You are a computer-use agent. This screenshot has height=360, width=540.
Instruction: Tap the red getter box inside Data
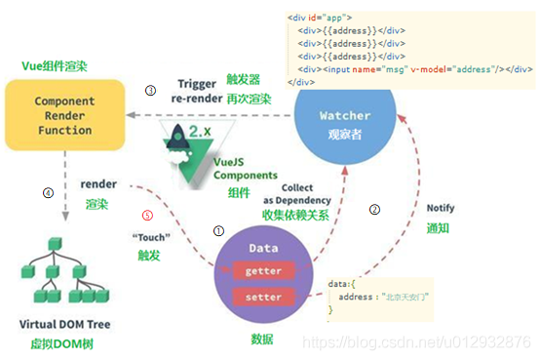(x=263, y=269)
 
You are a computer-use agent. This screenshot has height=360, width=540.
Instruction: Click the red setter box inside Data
(x=263, y=297)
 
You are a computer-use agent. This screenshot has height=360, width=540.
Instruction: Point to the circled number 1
(x=218, y=231)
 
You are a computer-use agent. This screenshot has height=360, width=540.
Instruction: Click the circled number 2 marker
(x=375, y=209)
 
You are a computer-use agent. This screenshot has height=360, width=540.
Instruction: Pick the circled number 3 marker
(x=150, y=90)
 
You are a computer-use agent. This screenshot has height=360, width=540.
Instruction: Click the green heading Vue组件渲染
(x=55, y=65)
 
